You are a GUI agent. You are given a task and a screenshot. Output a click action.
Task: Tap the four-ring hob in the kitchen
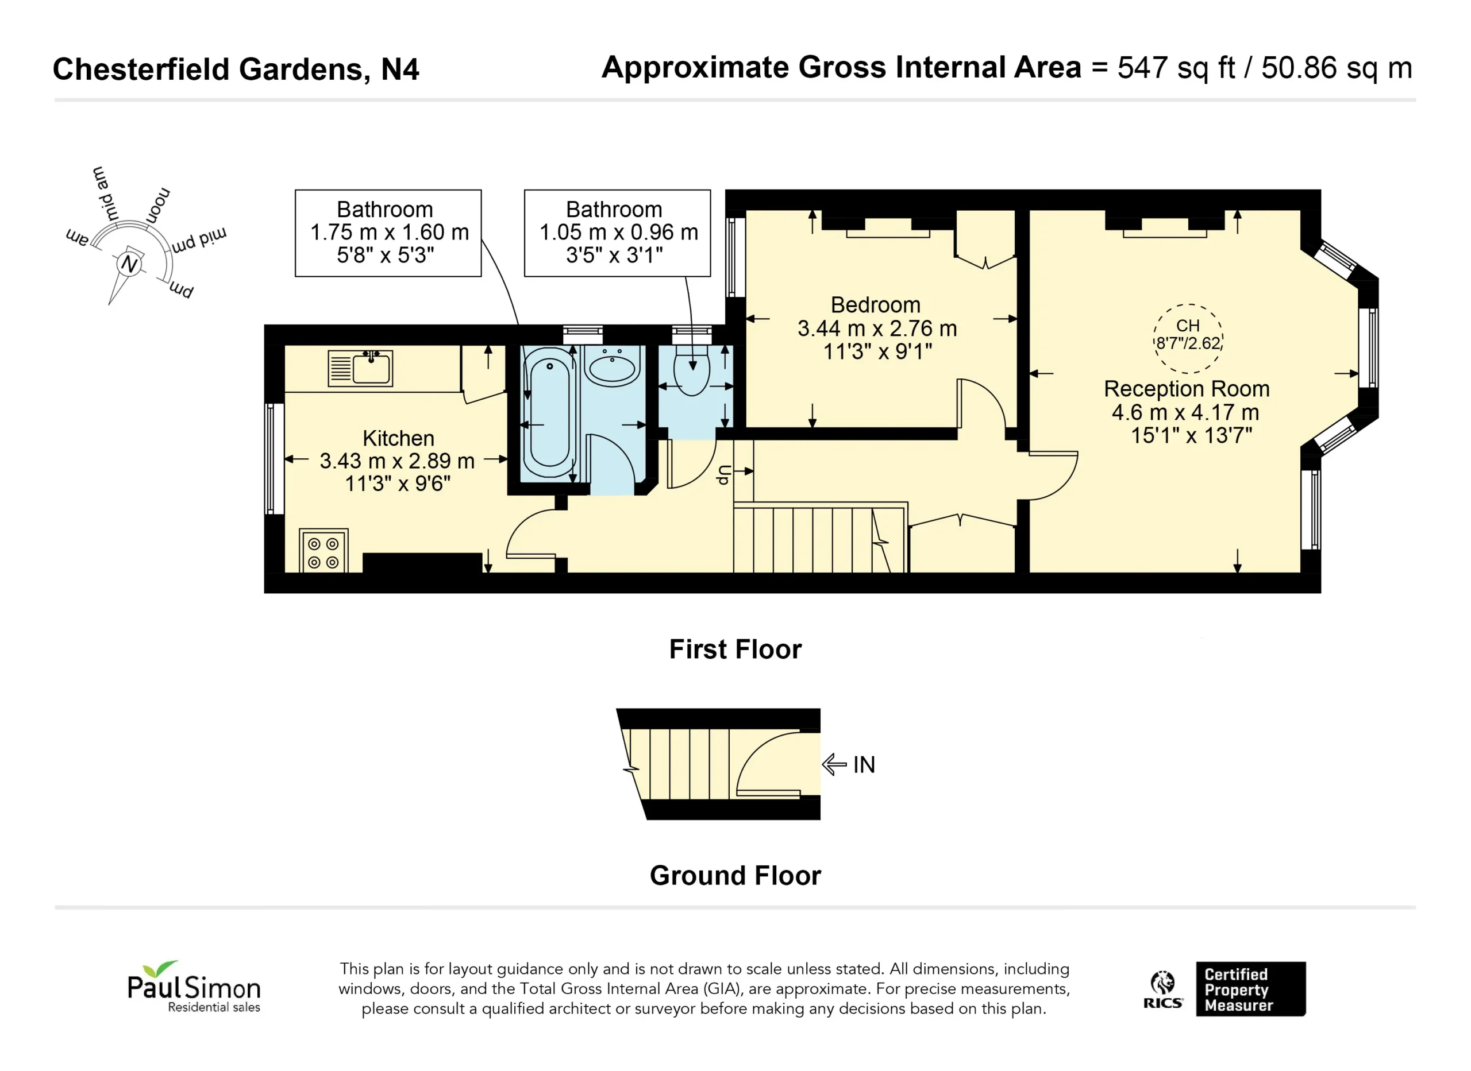[323, 551]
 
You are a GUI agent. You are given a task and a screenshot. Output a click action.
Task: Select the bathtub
[549, 413]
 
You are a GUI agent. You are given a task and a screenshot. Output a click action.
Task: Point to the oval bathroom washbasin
[611, 366]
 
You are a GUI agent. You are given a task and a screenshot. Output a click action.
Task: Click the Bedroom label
[876, 305]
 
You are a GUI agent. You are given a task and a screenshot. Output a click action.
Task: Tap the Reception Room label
[1186, 388]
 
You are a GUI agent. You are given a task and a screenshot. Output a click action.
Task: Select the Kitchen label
[398, 438]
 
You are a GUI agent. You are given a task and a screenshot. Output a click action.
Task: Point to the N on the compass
[130, 264]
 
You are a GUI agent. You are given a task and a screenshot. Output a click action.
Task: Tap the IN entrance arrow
[834, 764]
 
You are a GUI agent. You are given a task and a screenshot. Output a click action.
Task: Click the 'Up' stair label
[724, 475]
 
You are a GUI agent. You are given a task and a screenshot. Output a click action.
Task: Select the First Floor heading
[735, 649]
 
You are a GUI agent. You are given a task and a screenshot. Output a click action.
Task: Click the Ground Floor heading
[735, 875]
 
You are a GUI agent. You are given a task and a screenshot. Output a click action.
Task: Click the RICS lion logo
[1163, 989]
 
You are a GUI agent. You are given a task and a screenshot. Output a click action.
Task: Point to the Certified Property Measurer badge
[1250, 989]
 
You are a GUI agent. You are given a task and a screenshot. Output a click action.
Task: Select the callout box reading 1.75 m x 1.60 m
[388, 233]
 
